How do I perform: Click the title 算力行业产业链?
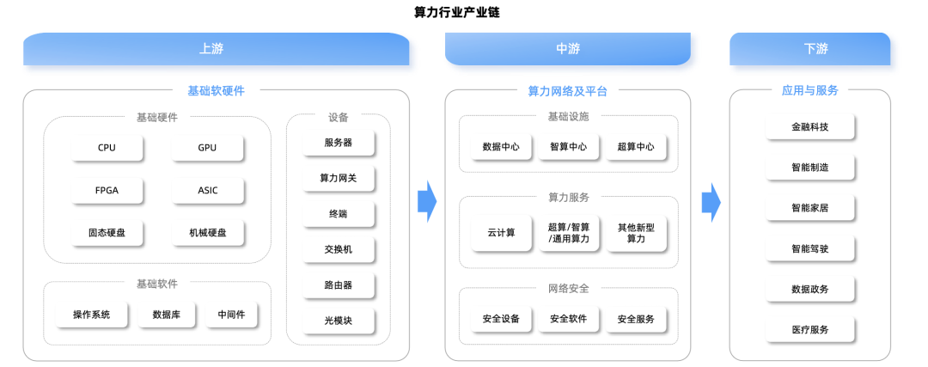click(x=457, y=12)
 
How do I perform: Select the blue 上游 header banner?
click(x=216, y=48)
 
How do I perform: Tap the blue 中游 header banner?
click(x=568, y=48)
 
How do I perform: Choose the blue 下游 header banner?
click(x=809, y=48)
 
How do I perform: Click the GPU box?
click(x=207, y=148)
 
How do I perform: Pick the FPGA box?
click(x=107, y=191)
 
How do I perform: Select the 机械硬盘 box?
click(x=207, y=233)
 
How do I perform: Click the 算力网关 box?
click(x=339, y=178)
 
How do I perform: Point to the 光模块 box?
click(x=339, y=321)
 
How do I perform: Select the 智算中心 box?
click(x=569, y=147)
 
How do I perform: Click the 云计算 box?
click(x=502, y=233)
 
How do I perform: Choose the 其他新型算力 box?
click(x=636, y=233)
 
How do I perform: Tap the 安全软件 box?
click(x=569, y=319)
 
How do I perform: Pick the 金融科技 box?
click(x=810, y=126)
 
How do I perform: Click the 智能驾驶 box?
click(x=810, y=248)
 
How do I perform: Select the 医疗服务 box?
click(x=810, y=330)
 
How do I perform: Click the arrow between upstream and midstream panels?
click(x=427, y=203)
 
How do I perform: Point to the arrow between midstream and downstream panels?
click(x=711, y=203)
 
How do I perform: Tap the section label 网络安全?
click(x=569, y=289)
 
